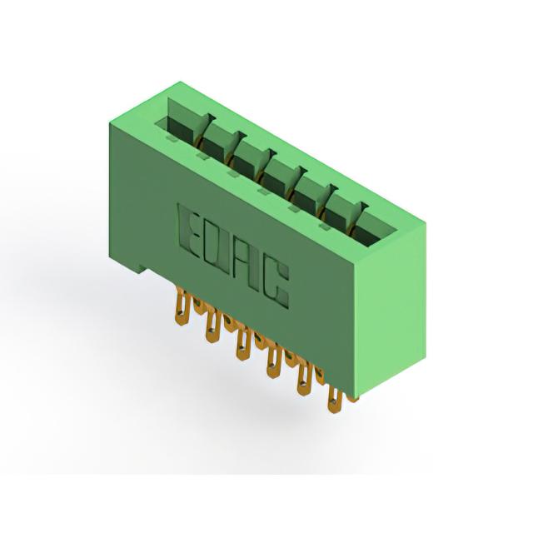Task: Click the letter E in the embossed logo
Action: [189, 232]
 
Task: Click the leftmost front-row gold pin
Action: [182, 306]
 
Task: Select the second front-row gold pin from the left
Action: [212, 326]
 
